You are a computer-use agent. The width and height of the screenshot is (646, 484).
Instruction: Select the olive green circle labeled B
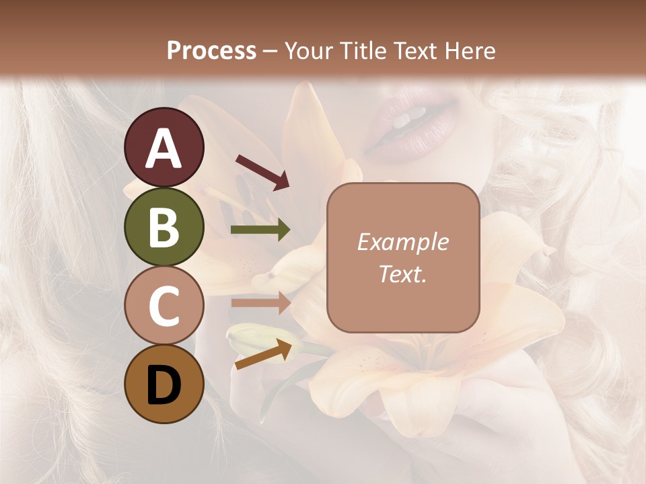pos(164,227)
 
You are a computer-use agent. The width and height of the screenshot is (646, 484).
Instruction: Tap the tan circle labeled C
pos(164,306)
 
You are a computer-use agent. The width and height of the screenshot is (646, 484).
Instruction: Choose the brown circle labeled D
pos(164,385)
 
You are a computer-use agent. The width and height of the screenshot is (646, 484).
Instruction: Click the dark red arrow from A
pos(262,172)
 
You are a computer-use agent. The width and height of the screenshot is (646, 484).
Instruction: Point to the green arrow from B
pos(260,230)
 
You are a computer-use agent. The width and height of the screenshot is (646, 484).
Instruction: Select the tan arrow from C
pos(260,302)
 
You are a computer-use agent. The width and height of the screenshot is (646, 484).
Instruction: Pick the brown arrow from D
pos(263,355)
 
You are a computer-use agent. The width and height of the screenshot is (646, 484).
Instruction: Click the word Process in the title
pos(211,50)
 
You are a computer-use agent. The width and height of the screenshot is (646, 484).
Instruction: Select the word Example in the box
pos(402,242)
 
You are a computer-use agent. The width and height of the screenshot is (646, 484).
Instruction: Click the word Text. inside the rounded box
pos(402,274)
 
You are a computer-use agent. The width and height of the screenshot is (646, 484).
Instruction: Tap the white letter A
pos(164,148)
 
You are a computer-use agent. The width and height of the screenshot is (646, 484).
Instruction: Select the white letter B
pos(164,227)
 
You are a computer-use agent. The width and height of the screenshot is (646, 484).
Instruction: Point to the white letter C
pos(164,306)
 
